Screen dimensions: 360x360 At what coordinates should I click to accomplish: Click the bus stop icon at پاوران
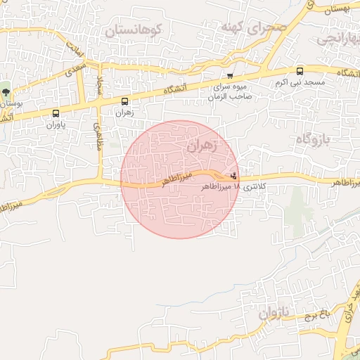(56, 112)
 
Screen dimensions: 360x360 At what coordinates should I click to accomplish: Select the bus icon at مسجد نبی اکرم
(300, 70)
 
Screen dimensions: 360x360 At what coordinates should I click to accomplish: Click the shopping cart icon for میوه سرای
(230, 75)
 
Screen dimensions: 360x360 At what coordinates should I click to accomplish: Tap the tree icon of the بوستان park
(6, 91)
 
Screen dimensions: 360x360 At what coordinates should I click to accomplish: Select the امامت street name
(75, 49)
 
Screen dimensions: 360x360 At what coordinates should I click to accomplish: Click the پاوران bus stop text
(56, 125)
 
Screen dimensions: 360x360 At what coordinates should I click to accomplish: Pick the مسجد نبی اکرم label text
(300, 83)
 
